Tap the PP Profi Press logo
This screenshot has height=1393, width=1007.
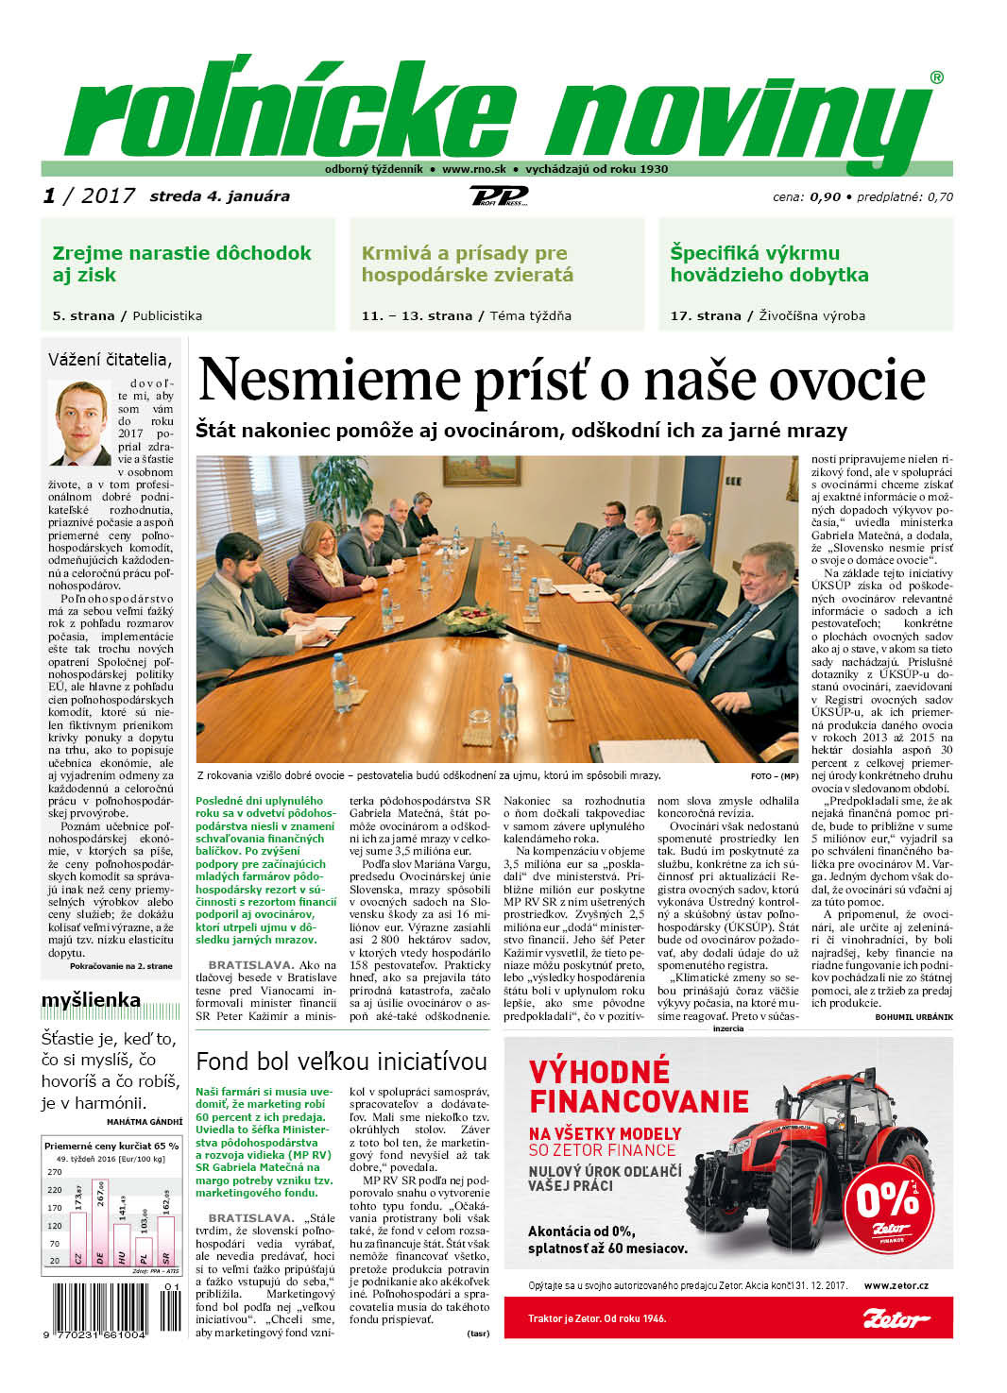(499, 196)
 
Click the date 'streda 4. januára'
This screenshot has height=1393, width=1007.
(219, 196)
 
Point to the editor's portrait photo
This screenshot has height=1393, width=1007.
(80, 423)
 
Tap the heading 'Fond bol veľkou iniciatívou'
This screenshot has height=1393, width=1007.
(341, 1062)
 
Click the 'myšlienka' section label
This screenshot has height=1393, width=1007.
(91, 1000)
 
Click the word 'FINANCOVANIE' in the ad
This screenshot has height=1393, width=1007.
(639, 1101)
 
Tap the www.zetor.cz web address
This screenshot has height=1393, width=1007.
(896, 1285)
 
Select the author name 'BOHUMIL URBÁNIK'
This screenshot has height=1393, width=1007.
(913, 1017)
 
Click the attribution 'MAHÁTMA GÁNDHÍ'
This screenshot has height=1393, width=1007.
(144, 1122)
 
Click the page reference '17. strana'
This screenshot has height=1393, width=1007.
(705, 315)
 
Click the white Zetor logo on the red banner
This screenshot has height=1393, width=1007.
(896, 1318)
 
